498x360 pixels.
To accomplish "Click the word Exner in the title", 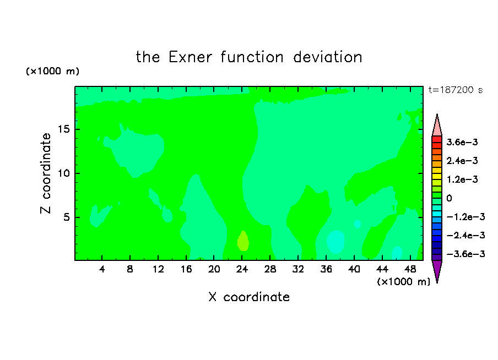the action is (x=190, y=57).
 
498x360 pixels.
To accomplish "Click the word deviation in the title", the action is (x=327, y=57).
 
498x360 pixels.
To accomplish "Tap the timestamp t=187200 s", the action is (x=456, y=90).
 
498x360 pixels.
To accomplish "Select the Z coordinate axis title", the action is (x=46, y=173).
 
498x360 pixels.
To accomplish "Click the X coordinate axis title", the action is (x=249, y=297).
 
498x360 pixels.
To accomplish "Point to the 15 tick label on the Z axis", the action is (x=64, y=129).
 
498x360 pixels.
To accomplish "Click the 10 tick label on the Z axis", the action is (x=64, y=173).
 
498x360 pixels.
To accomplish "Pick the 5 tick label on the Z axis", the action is (x=67, y=217).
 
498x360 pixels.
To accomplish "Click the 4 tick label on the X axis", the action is (x=102, y=269).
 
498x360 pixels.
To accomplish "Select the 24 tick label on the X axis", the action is (x=242, y=269).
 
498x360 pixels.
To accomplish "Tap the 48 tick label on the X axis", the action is (x=410, y=269).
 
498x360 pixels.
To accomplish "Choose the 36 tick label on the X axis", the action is (x=326, y=269).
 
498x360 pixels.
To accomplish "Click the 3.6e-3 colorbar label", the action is (x=462, y=142).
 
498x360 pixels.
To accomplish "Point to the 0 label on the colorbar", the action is (x=449, y=198).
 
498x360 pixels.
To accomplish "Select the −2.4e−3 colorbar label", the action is (x=465, y=236).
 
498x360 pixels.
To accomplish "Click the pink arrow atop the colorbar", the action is (x=437, y=126).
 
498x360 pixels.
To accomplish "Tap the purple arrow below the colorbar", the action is (x=437, y=270).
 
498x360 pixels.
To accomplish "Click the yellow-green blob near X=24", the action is (x=243, y=241).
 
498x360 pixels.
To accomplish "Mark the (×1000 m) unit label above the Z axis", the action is (x=52, y=71).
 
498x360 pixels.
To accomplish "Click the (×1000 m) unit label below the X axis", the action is (x=403, y=282).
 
